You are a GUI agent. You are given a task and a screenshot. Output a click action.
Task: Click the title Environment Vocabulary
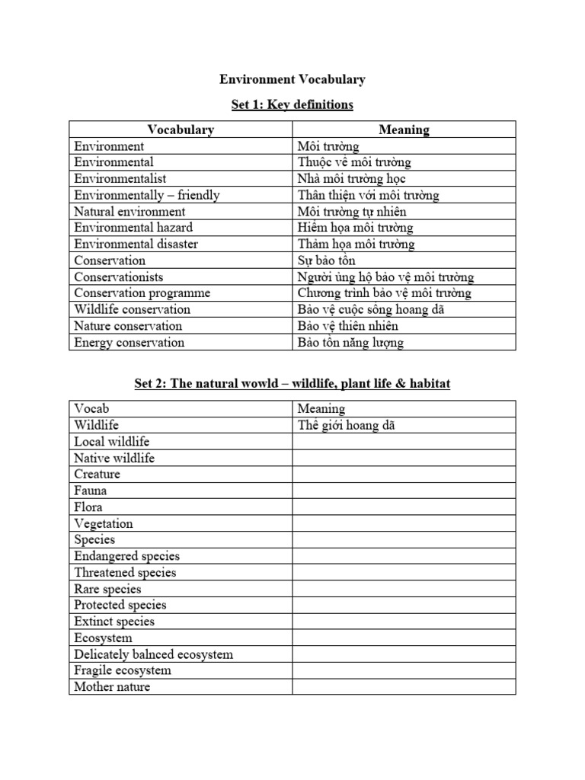(292, 79)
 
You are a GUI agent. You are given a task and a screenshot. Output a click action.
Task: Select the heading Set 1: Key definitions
(292, 104)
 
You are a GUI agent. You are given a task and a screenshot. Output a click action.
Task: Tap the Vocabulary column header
(181, 129)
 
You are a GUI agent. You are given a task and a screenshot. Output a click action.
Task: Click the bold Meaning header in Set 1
(404, 129)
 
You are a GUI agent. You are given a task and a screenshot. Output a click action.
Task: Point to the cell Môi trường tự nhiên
(352, 212)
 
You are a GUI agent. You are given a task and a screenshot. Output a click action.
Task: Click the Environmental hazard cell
(133, 228)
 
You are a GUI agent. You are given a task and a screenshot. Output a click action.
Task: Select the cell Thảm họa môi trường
(356, 245)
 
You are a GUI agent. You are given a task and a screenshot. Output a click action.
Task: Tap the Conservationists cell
(119, 277)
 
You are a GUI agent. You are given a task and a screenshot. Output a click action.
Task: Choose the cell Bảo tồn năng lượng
(350, 343)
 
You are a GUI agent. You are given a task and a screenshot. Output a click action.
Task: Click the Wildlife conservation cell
(133, 310)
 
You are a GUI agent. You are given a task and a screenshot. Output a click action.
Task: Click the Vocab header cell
(92, 409)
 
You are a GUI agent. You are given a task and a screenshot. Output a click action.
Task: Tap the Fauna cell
(91, 491)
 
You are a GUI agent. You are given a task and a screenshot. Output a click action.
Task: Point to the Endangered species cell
(127, 556)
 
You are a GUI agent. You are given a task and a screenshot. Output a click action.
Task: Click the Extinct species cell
(114, 622)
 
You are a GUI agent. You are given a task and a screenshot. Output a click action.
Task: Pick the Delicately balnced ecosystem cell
(154, 654)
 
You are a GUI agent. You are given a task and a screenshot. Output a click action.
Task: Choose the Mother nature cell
(113, 687)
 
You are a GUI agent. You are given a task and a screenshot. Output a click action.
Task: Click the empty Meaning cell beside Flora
(404, 507)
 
